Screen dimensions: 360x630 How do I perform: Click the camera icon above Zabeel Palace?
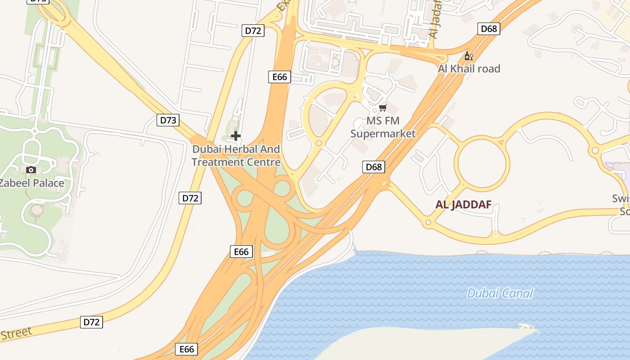[x=31, y=170]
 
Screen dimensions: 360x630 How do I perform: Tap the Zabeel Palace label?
[x=31, y=183]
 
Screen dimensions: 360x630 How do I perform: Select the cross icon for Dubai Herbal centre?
[x=235, y=135]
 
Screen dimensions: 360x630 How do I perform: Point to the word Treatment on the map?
[x=218, y=162]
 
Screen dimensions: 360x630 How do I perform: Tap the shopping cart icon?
[x=383, y=108]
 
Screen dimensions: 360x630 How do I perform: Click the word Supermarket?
[x=383, y=134]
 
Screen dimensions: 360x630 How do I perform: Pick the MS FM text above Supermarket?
[x=383, y=121]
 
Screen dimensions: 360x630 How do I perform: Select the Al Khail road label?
[x=469, y=69]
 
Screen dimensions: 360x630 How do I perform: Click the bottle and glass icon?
[x=468, y=56]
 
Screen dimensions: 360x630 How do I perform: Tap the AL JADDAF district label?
[x=463, y=205]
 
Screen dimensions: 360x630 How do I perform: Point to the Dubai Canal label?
[x=499, y=294]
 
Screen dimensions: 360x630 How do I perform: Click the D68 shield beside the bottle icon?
[x=489, y=29]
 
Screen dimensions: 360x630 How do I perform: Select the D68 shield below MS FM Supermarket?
[x=373, y=167]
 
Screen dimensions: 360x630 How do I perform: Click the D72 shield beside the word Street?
[x=92, y=322]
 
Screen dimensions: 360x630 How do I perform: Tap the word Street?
[x=16, y=334]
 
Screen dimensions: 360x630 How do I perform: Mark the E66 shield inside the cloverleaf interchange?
[x=241, y=252]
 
